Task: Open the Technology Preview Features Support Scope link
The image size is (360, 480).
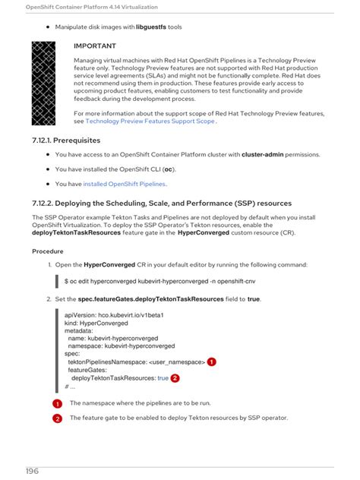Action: point(150,121)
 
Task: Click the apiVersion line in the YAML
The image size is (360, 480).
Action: point(114,314)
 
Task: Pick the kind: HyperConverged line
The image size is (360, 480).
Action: point(101,323)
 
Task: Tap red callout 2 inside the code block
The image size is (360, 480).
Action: point(175,377)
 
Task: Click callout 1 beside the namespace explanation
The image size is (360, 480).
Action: point(57,403)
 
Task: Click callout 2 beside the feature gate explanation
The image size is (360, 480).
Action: point(57,418)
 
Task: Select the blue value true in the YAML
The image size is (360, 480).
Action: point(163,377)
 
